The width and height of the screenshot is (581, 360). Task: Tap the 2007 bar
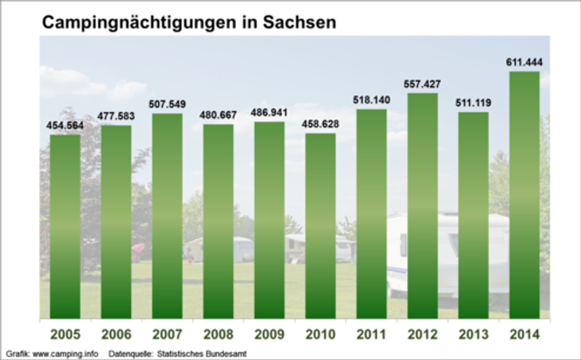point(167,216)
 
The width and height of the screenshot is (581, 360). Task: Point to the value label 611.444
point(524,61)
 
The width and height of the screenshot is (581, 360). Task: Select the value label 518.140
point(371,99)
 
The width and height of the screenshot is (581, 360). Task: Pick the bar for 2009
point(269,219)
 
